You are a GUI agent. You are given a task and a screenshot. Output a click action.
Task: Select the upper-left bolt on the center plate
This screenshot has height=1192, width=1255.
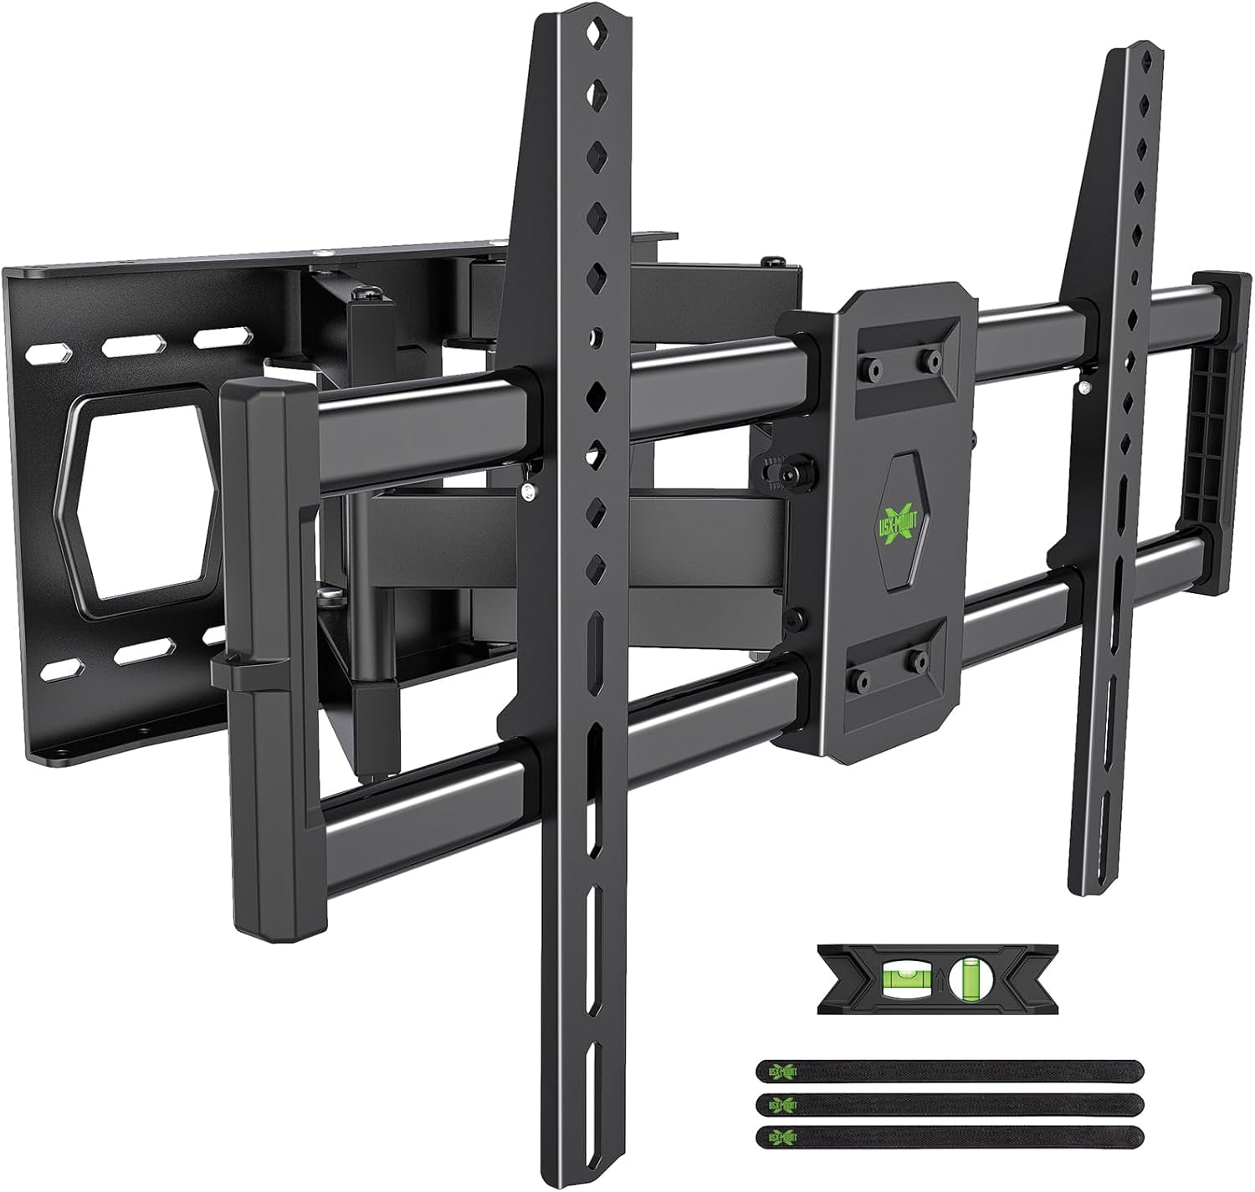tap(873, 366)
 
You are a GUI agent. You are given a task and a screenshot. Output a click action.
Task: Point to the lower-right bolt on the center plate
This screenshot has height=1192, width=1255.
tap(919, 661)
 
